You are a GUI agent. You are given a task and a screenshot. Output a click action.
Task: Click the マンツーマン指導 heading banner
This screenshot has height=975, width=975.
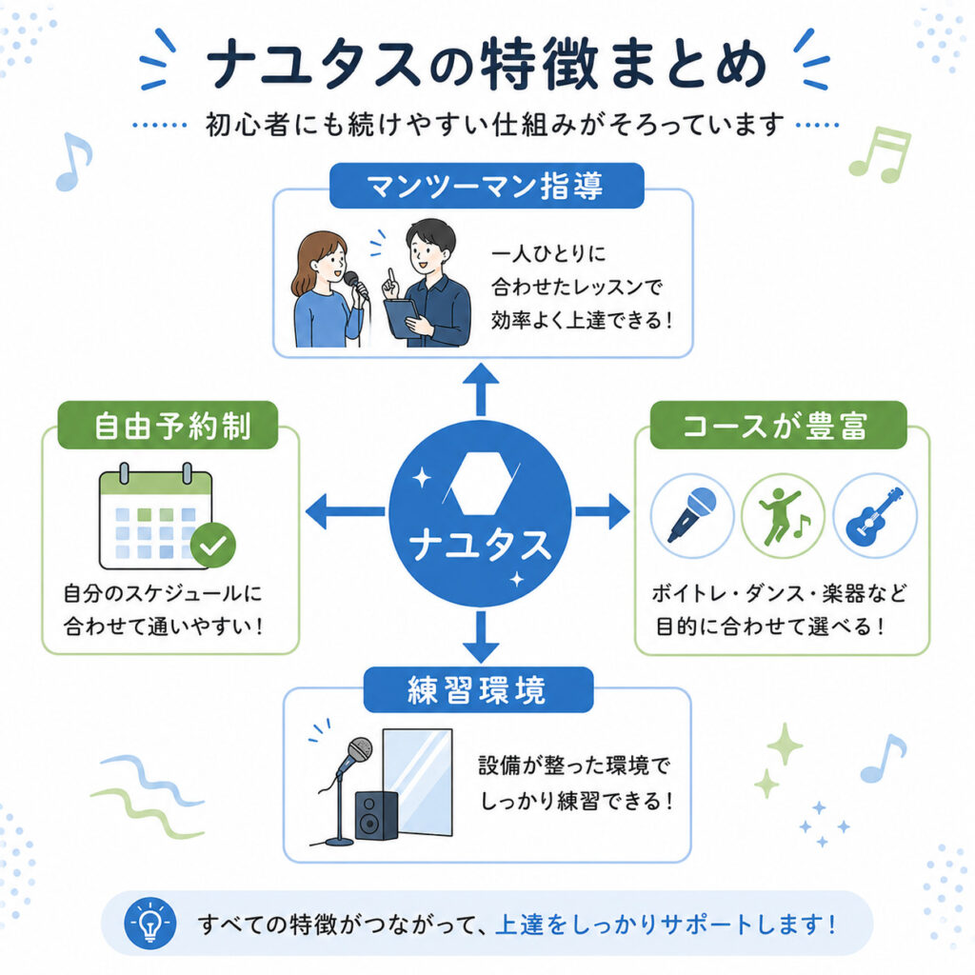487,186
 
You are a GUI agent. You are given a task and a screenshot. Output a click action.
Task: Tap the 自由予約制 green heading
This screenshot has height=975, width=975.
168,426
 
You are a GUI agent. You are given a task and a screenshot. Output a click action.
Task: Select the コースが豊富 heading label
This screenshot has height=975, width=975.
779,426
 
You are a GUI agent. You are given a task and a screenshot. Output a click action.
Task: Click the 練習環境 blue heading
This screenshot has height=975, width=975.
478,689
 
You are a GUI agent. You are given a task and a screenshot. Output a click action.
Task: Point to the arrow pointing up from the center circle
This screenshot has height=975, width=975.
481,389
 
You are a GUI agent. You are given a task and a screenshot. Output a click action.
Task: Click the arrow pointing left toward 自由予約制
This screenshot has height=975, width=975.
345,511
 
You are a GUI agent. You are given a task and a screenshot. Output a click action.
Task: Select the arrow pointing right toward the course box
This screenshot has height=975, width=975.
603,511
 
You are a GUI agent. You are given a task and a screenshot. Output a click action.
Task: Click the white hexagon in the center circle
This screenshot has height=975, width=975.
480,483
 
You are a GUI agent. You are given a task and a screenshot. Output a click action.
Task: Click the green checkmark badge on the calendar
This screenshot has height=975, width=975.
213,546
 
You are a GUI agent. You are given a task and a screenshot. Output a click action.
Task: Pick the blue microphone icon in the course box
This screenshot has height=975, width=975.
692,515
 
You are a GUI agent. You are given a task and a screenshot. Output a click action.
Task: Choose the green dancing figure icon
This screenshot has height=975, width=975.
783,515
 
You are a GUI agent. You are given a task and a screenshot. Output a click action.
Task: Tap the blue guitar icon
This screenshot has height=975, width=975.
875,515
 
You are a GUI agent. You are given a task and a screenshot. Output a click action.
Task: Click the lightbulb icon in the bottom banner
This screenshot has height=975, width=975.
149,924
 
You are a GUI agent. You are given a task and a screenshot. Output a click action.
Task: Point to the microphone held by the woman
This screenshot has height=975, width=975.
356,286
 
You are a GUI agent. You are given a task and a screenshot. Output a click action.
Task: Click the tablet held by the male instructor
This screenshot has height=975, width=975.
403,318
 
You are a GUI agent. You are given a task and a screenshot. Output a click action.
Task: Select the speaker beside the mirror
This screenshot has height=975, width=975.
376,815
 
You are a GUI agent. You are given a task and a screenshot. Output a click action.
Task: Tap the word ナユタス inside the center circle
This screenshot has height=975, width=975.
481,544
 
